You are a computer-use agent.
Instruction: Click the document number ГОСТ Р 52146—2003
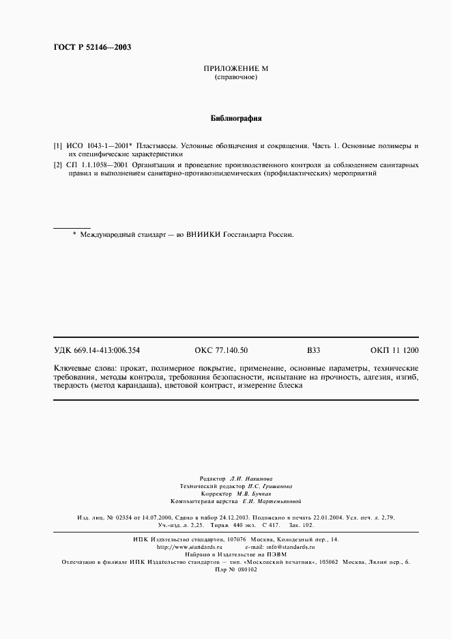92,47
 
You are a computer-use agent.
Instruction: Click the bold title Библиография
236,118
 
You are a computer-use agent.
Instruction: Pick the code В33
313,350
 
